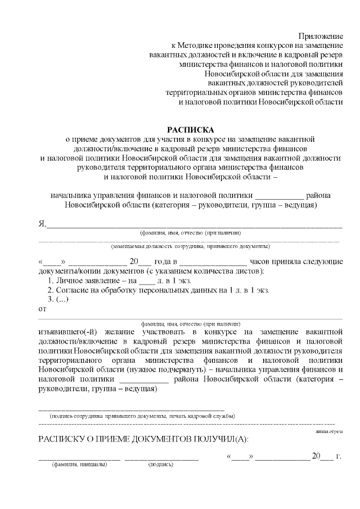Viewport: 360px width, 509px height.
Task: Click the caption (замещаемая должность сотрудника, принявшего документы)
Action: coord(190,246)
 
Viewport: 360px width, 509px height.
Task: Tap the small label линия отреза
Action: coord(328,431)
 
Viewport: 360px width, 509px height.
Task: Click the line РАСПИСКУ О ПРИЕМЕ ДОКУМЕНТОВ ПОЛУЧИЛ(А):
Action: coord(143,439)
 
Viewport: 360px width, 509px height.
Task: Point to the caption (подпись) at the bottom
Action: coord(161,465)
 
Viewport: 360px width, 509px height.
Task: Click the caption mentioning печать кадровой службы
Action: coord(142,416)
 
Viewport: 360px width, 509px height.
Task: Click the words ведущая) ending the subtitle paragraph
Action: coord(298,205)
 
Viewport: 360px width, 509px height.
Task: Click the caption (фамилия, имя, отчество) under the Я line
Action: coord(190,232)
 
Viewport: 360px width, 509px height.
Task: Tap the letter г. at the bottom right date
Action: coord(339,456)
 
